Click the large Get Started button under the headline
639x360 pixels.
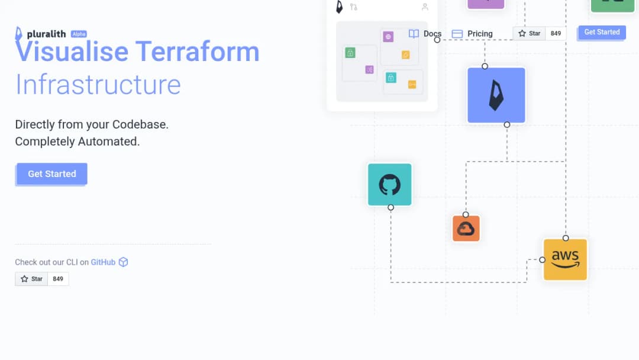51,173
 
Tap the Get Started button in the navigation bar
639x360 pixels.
602,32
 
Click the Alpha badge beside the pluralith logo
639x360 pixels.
79,34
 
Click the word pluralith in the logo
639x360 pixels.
46,34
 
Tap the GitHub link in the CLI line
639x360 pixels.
103,262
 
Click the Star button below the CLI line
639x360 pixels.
31,279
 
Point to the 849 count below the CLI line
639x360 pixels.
58,279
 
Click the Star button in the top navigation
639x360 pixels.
529,33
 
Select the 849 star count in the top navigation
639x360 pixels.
556,33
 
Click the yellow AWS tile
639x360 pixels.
565,260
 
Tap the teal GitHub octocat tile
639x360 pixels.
389,185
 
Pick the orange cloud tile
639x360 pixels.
466,229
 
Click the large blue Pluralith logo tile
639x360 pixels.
496,95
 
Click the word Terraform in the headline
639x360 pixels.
197,52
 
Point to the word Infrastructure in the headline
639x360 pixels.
98,85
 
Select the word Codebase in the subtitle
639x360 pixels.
139,124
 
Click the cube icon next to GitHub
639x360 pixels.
124,262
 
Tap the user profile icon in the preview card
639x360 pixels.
425,7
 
